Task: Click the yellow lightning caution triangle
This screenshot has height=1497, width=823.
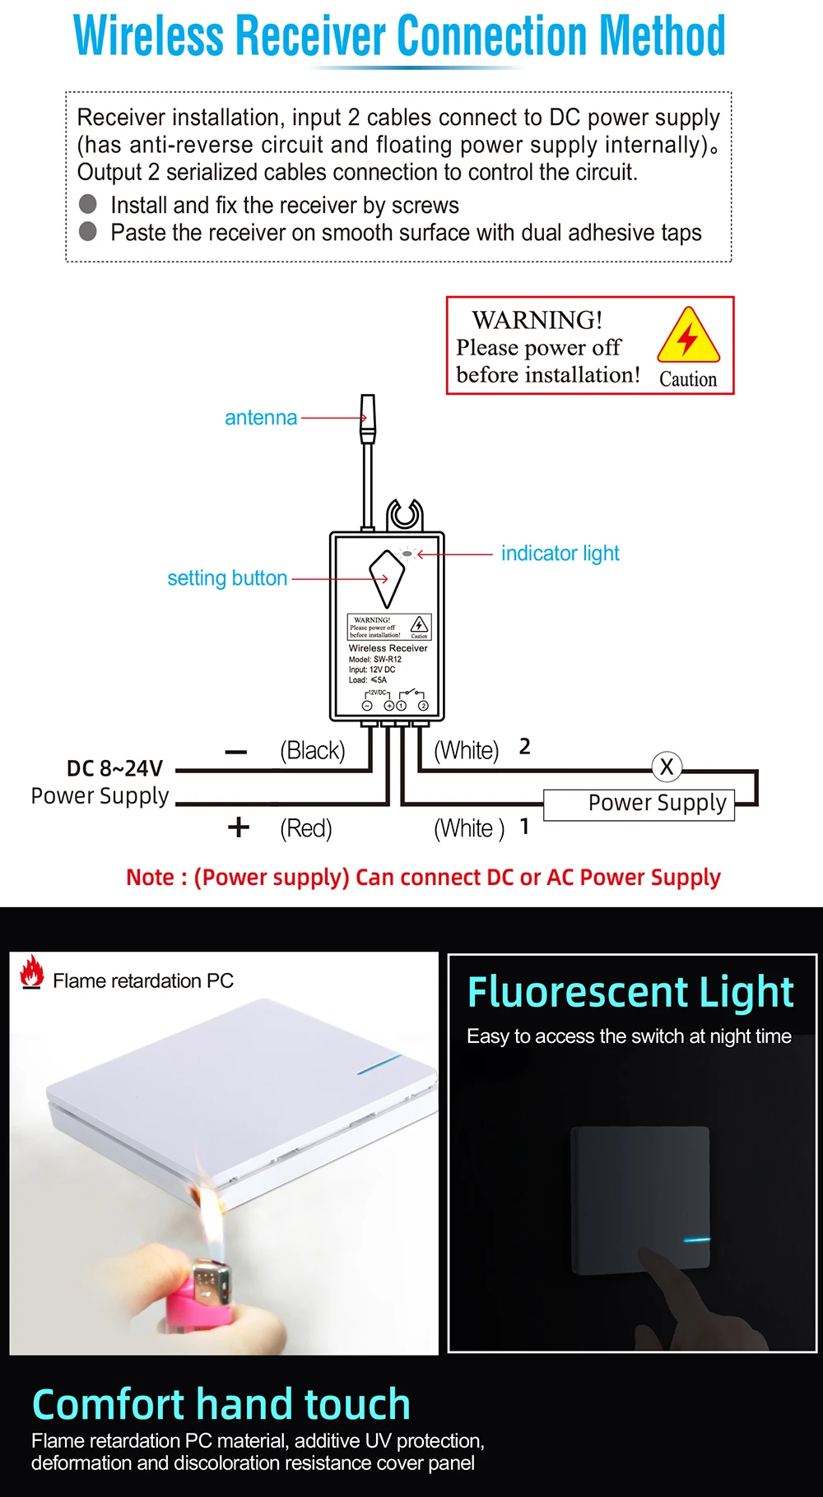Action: point(688,336)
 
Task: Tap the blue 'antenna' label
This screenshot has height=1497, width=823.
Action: point(261,418)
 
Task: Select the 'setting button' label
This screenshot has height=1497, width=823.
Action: point(227,578)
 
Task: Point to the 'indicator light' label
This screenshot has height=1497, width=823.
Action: point(560,554)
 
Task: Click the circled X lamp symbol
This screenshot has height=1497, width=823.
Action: point(667,767)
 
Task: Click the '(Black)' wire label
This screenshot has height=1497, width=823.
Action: point(312,750)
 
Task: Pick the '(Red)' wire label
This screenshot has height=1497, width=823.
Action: point(306,828)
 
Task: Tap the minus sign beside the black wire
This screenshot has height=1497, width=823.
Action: point(236,752)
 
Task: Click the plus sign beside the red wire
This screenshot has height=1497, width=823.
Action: point(239,827)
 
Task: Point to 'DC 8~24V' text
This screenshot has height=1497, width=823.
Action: point(114,768)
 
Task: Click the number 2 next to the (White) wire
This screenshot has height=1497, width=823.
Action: point(525,747)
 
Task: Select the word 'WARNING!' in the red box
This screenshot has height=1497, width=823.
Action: point(537,320)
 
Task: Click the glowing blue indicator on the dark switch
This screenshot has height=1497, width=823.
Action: point(696,1240)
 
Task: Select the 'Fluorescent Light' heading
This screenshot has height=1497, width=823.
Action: point(630,991)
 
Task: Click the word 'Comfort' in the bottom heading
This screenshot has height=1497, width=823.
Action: point(107,1404)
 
